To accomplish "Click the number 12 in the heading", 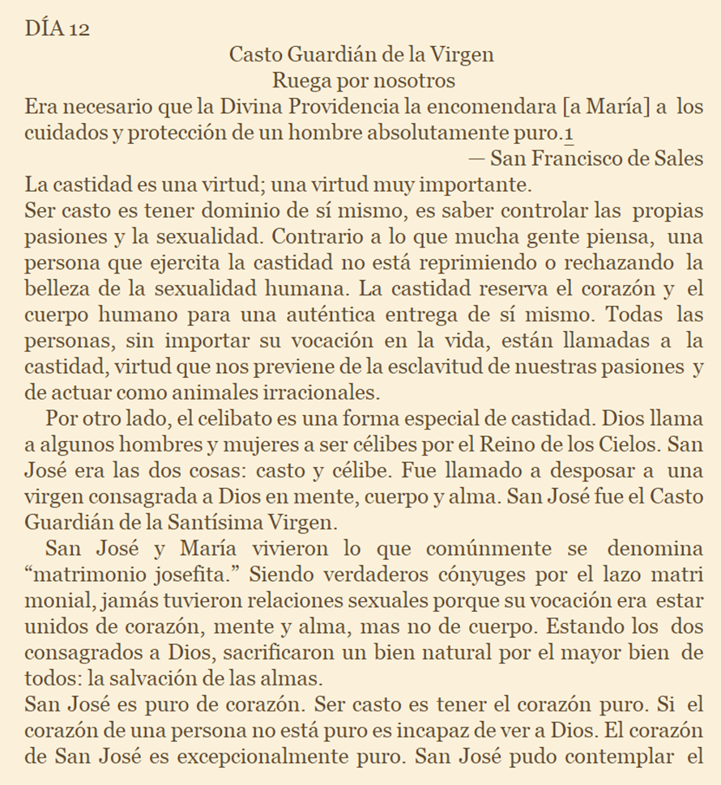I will (78, 29).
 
